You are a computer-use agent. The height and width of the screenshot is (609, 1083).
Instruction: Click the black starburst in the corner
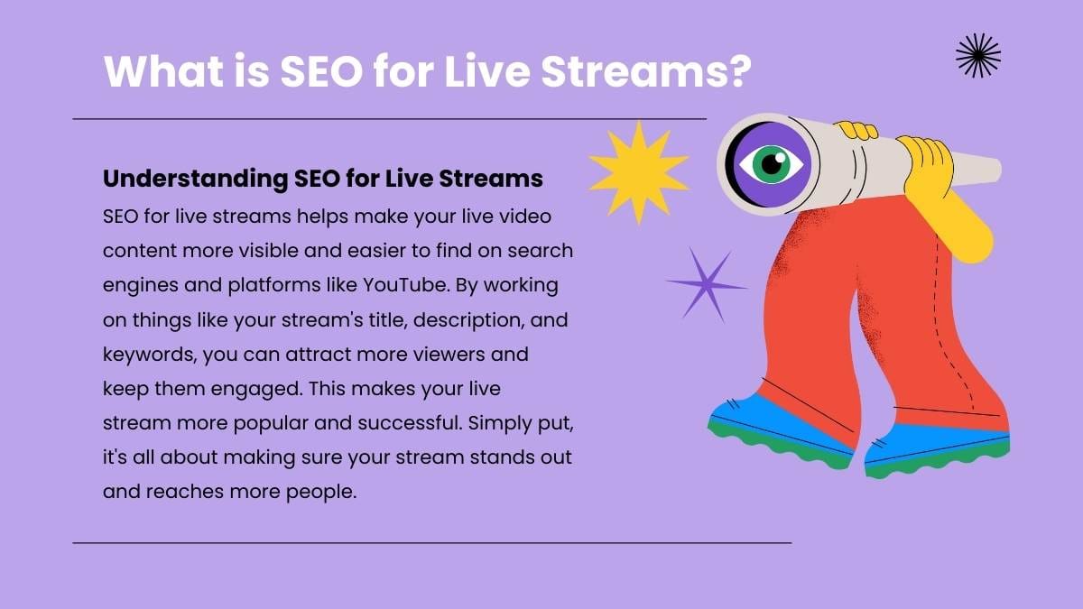click(977, 56)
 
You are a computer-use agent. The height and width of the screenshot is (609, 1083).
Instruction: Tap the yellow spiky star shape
click(633, 170)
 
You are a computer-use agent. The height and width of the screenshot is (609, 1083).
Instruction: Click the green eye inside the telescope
click(770, 164)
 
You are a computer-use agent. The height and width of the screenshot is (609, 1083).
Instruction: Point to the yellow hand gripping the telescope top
click(855, 131)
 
